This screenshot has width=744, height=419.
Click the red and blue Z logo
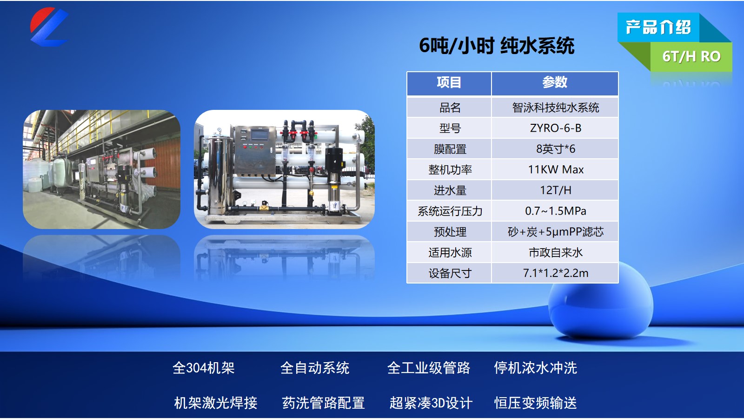[x=49, y=27]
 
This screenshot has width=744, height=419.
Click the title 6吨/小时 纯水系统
[x=497, y=46]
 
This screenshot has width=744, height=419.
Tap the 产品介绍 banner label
[x=658, y=27]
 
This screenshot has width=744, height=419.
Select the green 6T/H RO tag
[x=691, y=56]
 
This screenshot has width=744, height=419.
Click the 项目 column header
[x=449, y=82]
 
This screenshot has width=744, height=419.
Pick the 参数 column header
[x=555, y=82]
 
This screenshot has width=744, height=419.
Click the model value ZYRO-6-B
[x=555, y=128]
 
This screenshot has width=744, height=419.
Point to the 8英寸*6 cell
[x=555, y=149]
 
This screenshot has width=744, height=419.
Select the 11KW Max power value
[x=555, y=169]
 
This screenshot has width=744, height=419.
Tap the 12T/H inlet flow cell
[x=555, y=190]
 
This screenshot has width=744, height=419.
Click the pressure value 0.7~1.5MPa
[x=555, y=211]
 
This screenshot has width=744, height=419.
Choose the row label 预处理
[x=450, y=232]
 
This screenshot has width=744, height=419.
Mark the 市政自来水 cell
[x=555, y=252]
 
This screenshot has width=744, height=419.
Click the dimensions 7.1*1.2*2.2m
[x=555, y=273]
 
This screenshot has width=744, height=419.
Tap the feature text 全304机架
[x=204, y=368]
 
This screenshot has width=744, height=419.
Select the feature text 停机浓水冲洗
[x=535, y=368]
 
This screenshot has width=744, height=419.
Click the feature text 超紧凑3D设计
[x=431, y=403]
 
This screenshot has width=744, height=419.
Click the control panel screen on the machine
[x=259, y=135]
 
